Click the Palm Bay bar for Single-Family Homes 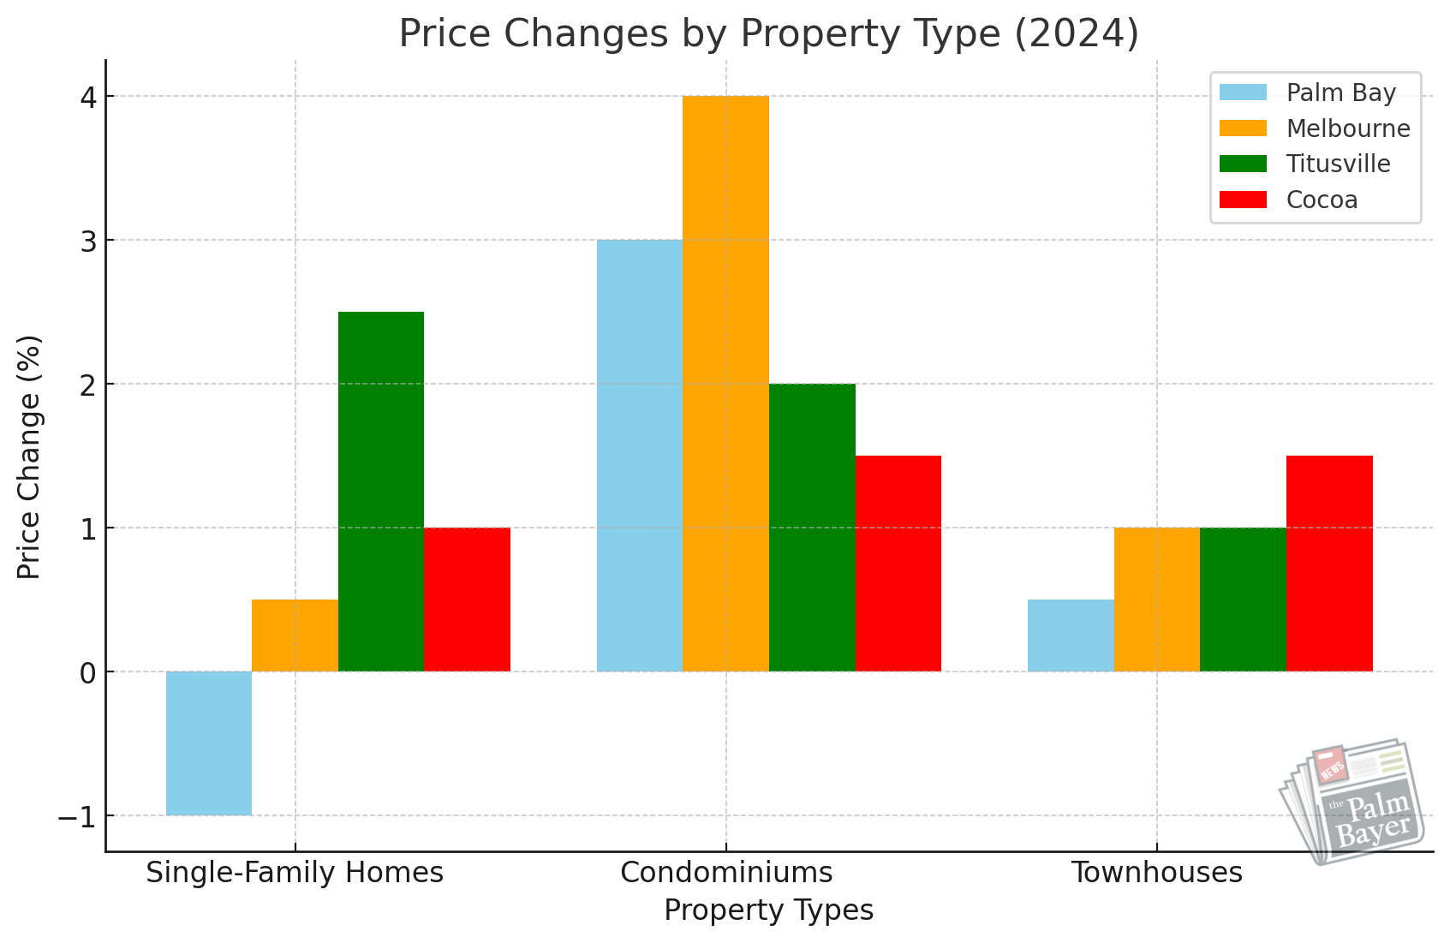tap(209, 743)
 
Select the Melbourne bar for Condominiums tap(725, 384)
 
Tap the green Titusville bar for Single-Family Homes tap(381, 492)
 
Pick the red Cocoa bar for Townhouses tap(1329, 564)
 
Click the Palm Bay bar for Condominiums tap(640, 456)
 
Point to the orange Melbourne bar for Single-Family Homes tap(295, 636)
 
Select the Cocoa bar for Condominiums tap(898, 564)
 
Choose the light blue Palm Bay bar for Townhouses tap(1071, 636)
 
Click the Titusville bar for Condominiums tap(812, 528)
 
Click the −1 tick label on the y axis tap(77, 817)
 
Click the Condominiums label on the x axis tap(726, 873)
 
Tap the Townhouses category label tap(1157, 873)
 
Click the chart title tap(768, 34)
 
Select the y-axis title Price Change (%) tap(30, 457)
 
